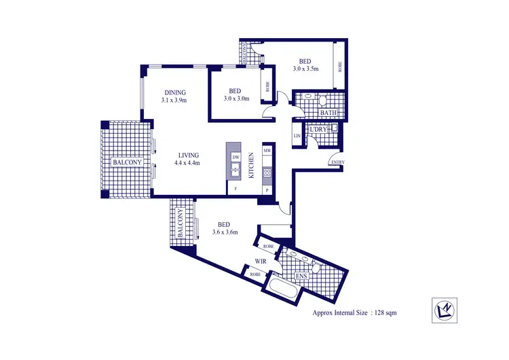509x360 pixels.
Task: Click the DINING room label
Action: pyautogui.click(x=174, y=93)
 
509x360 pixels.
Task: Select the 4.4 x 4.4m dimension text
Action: pyautogui.click(x=187, y=163)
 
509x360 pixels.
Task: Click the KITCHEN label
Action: pyautogui.click(x=251, y=165)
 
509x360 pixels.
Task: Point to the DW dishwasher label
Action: pyautogui.click(x=235, y=157)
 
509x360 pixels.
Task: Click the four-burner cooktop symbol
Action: pyautogui.click(x=267, y=173)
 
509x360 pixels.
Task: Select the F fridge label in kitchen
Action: pyautogui.click(x=235, y=187)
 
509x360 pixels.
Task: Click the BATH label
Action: pyautogui.click(x=319, y=112)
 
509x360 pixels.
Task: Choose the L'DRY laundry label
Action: pyautogui.click(x=318, y=129)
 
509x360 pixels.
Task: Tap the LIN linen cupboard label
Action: pyautogui.click(x=297, y=136)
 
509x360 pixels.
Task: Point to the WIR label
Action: pyautogui.click(x=259, y=261)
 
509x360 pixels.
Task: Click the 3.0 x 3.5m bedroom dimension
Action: pyautogui.click(x=305, y=69)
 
